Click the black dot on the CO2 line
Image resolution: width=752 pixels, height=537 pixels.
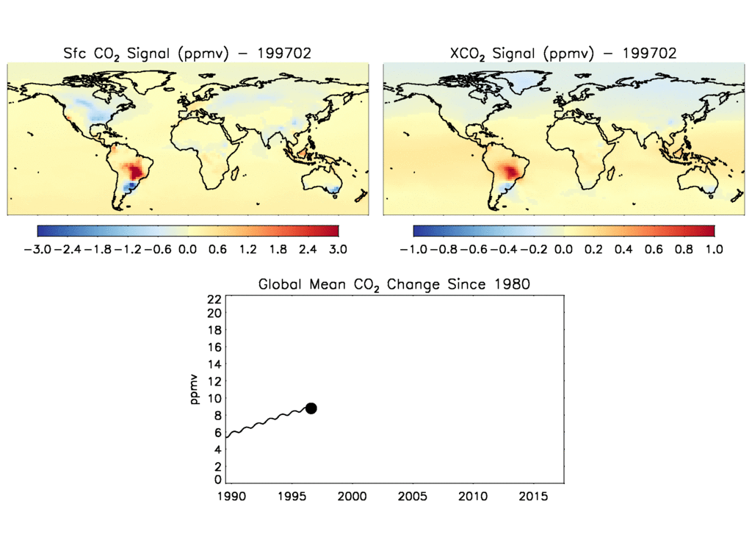click(311, 408)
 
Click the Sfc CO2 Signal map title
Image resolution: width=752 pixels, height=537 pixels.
click(188, 53)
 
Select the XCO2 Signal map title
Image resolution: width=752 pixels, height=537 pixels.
click(563, 53)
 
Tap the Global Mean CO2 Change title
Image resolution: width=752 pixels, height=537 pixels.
click(394, 284)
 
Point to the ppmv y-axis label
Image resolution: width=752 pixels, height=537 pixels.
click(195, 389)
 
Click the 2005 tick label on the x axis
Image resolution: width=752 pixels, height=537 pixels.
click(412, 497)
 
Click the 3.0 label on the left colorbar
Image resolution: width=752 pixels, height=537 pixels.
click(338, 249)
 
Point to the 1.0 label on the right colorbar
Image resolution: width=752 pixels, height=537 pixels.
click(714, 249)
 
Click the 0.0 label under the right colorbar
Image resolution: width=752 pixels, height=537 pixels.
click(563, 249)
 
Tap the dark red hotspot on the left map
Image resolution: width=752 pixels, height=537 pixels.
click(136, 172)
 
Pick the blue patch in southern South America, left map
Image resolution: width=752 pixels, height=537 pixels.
click(129, 189)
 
